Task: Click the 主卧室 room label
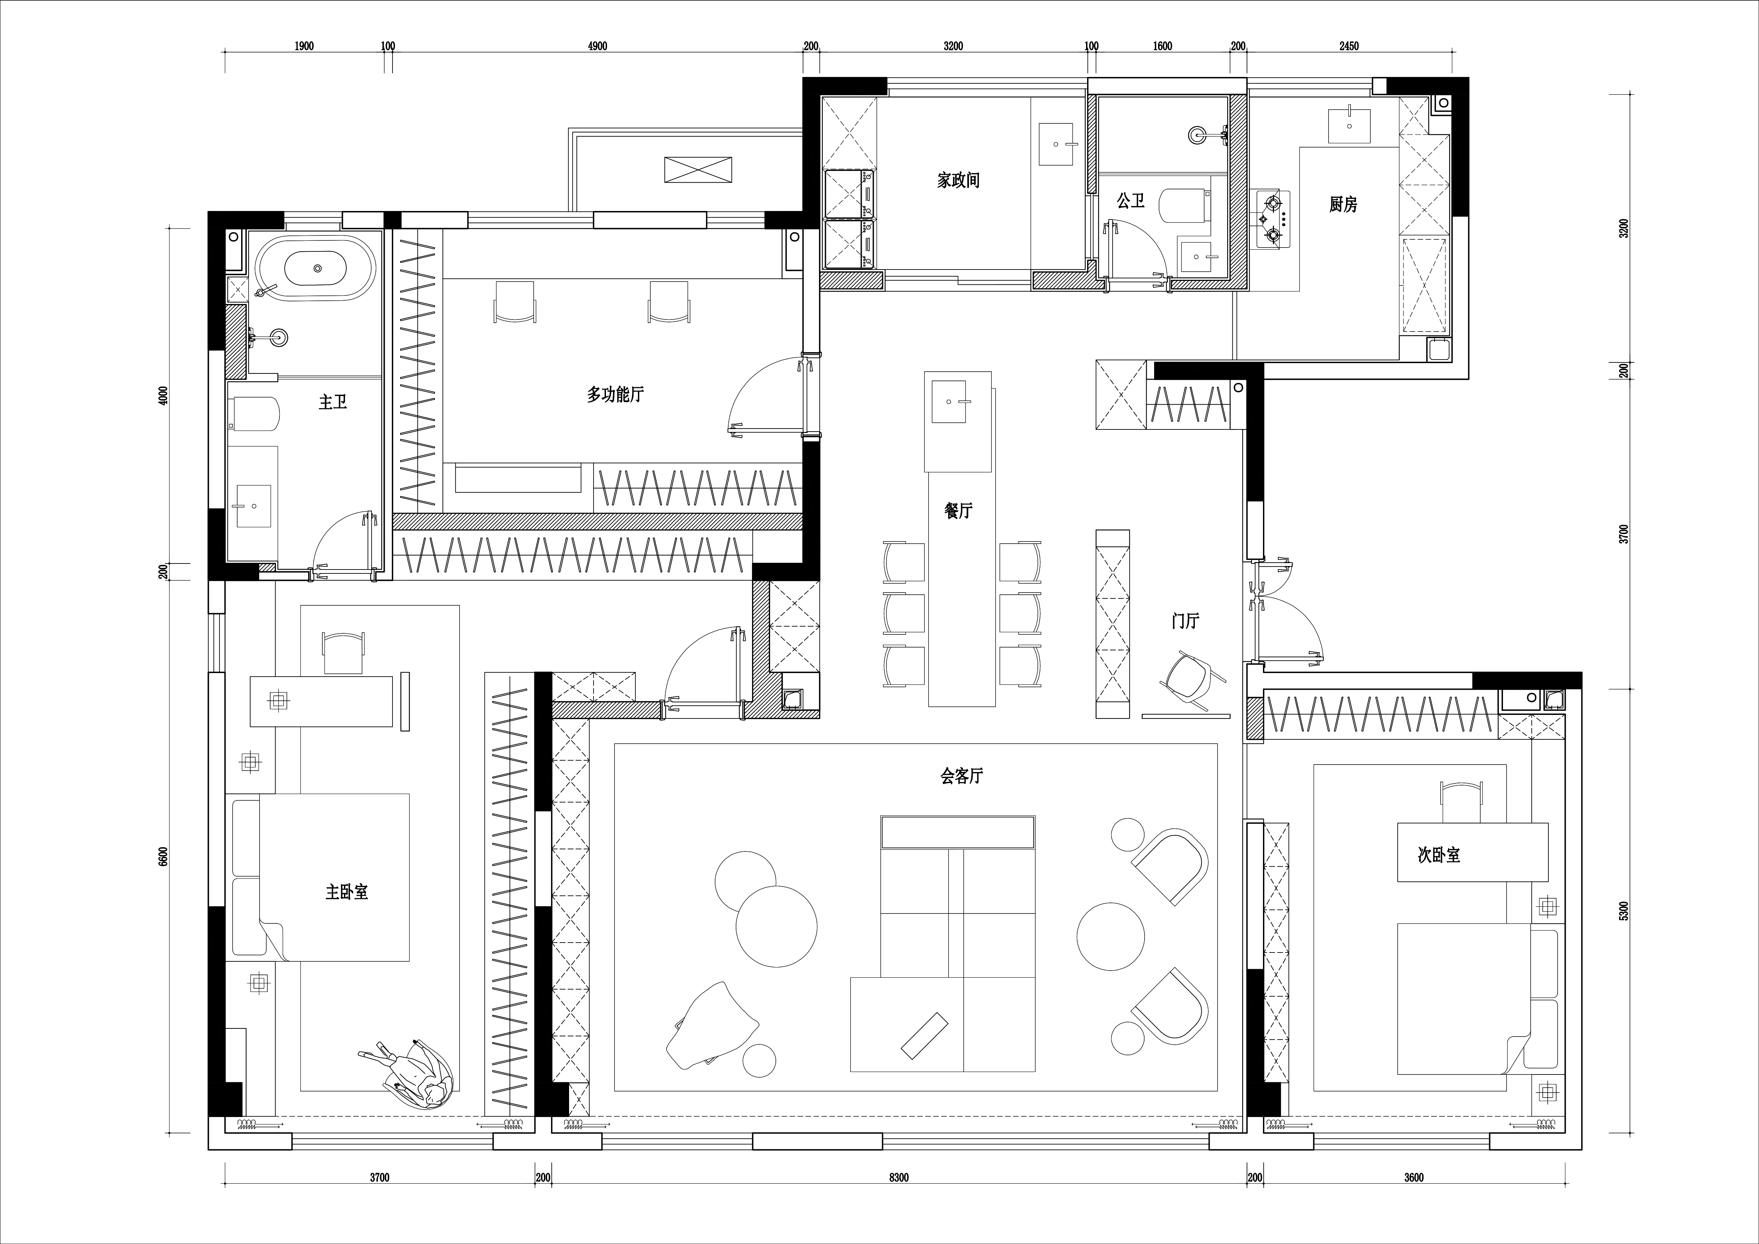(347, 893)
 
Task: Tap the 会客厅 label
(962, 776)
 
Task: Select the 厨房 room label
(1343, 205)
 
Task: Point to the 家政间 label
(958, 180)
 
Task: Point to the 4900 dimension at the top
(597, 46)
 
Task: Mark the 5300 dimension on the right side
(1624, 911)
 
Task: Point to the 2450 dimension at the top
(1349, 46)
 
